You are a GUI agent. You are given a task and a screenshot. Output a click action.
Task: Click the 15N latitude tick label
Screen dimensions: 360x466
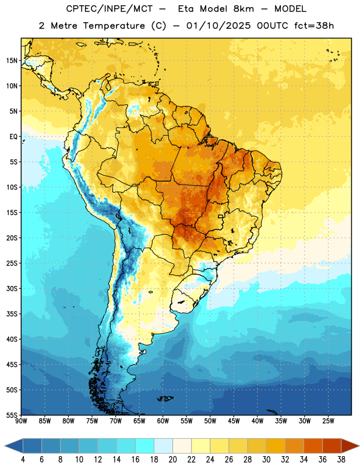(12, 61)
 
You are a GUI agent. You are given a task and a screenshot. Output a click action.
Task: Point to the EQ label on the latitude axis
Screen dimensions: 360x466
(13, 137)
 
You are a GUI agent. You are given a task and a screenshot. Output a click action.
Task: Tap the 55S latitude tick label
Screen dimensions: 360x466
(12, 415)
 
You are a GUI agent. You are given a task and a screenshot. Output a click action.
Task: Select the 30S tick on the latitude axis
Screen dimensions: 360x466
(12, 288)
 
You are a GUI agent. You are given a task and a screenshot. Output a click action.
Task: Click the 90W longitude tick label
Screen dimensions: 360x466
(21, 421)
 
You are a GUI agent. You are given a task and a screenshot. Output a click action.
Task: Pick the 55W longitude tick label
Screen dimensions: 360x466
(186, 421)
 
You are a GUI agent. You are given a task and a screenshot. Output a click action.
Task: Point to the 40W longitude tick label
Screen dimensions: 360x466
(257, 421)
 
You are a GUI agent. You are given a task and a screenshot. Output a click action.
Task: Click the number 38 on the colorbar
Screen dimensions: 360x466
(341, 460)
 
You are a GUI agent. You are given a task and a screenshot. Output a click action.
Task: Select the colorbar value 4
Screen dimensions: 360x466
(23, 460)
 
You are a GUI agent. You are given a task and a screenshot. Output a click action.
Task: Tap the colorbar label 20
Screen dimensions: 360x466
(172, 460)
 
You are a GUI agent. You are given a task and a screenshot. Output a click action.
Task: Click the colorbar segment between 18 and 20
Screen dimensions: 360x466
(163, 446)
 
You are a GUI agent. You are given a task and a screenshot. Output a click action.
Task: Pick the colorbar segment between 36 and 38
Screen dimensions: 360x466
(332, 446)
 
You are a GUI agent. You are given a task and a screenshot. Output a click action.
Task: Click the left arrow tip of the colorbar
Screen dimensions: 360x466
(5, 446)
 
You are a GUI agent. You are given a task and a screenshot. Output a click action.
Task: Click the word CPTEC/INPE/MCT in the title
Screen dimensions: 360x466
(109, 9)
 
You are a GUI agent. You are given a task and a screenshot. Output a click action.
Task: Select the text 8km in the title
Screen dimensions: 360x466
(243, 9)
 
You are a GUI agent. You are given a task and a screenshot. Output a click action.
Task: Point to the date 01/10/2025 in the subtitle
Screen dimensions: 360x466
(218, 26)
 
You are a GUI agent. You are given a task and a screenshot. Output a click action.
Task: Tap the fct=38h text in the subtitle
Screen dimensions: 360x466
(314, 26)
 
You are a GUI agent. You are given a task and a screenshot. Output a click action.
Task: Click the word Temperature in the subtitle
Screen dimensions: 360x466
(114, 26)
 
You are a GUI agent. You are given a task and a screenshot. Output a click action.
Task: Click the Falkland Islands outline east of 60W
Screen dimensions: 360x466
(165, 398)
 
